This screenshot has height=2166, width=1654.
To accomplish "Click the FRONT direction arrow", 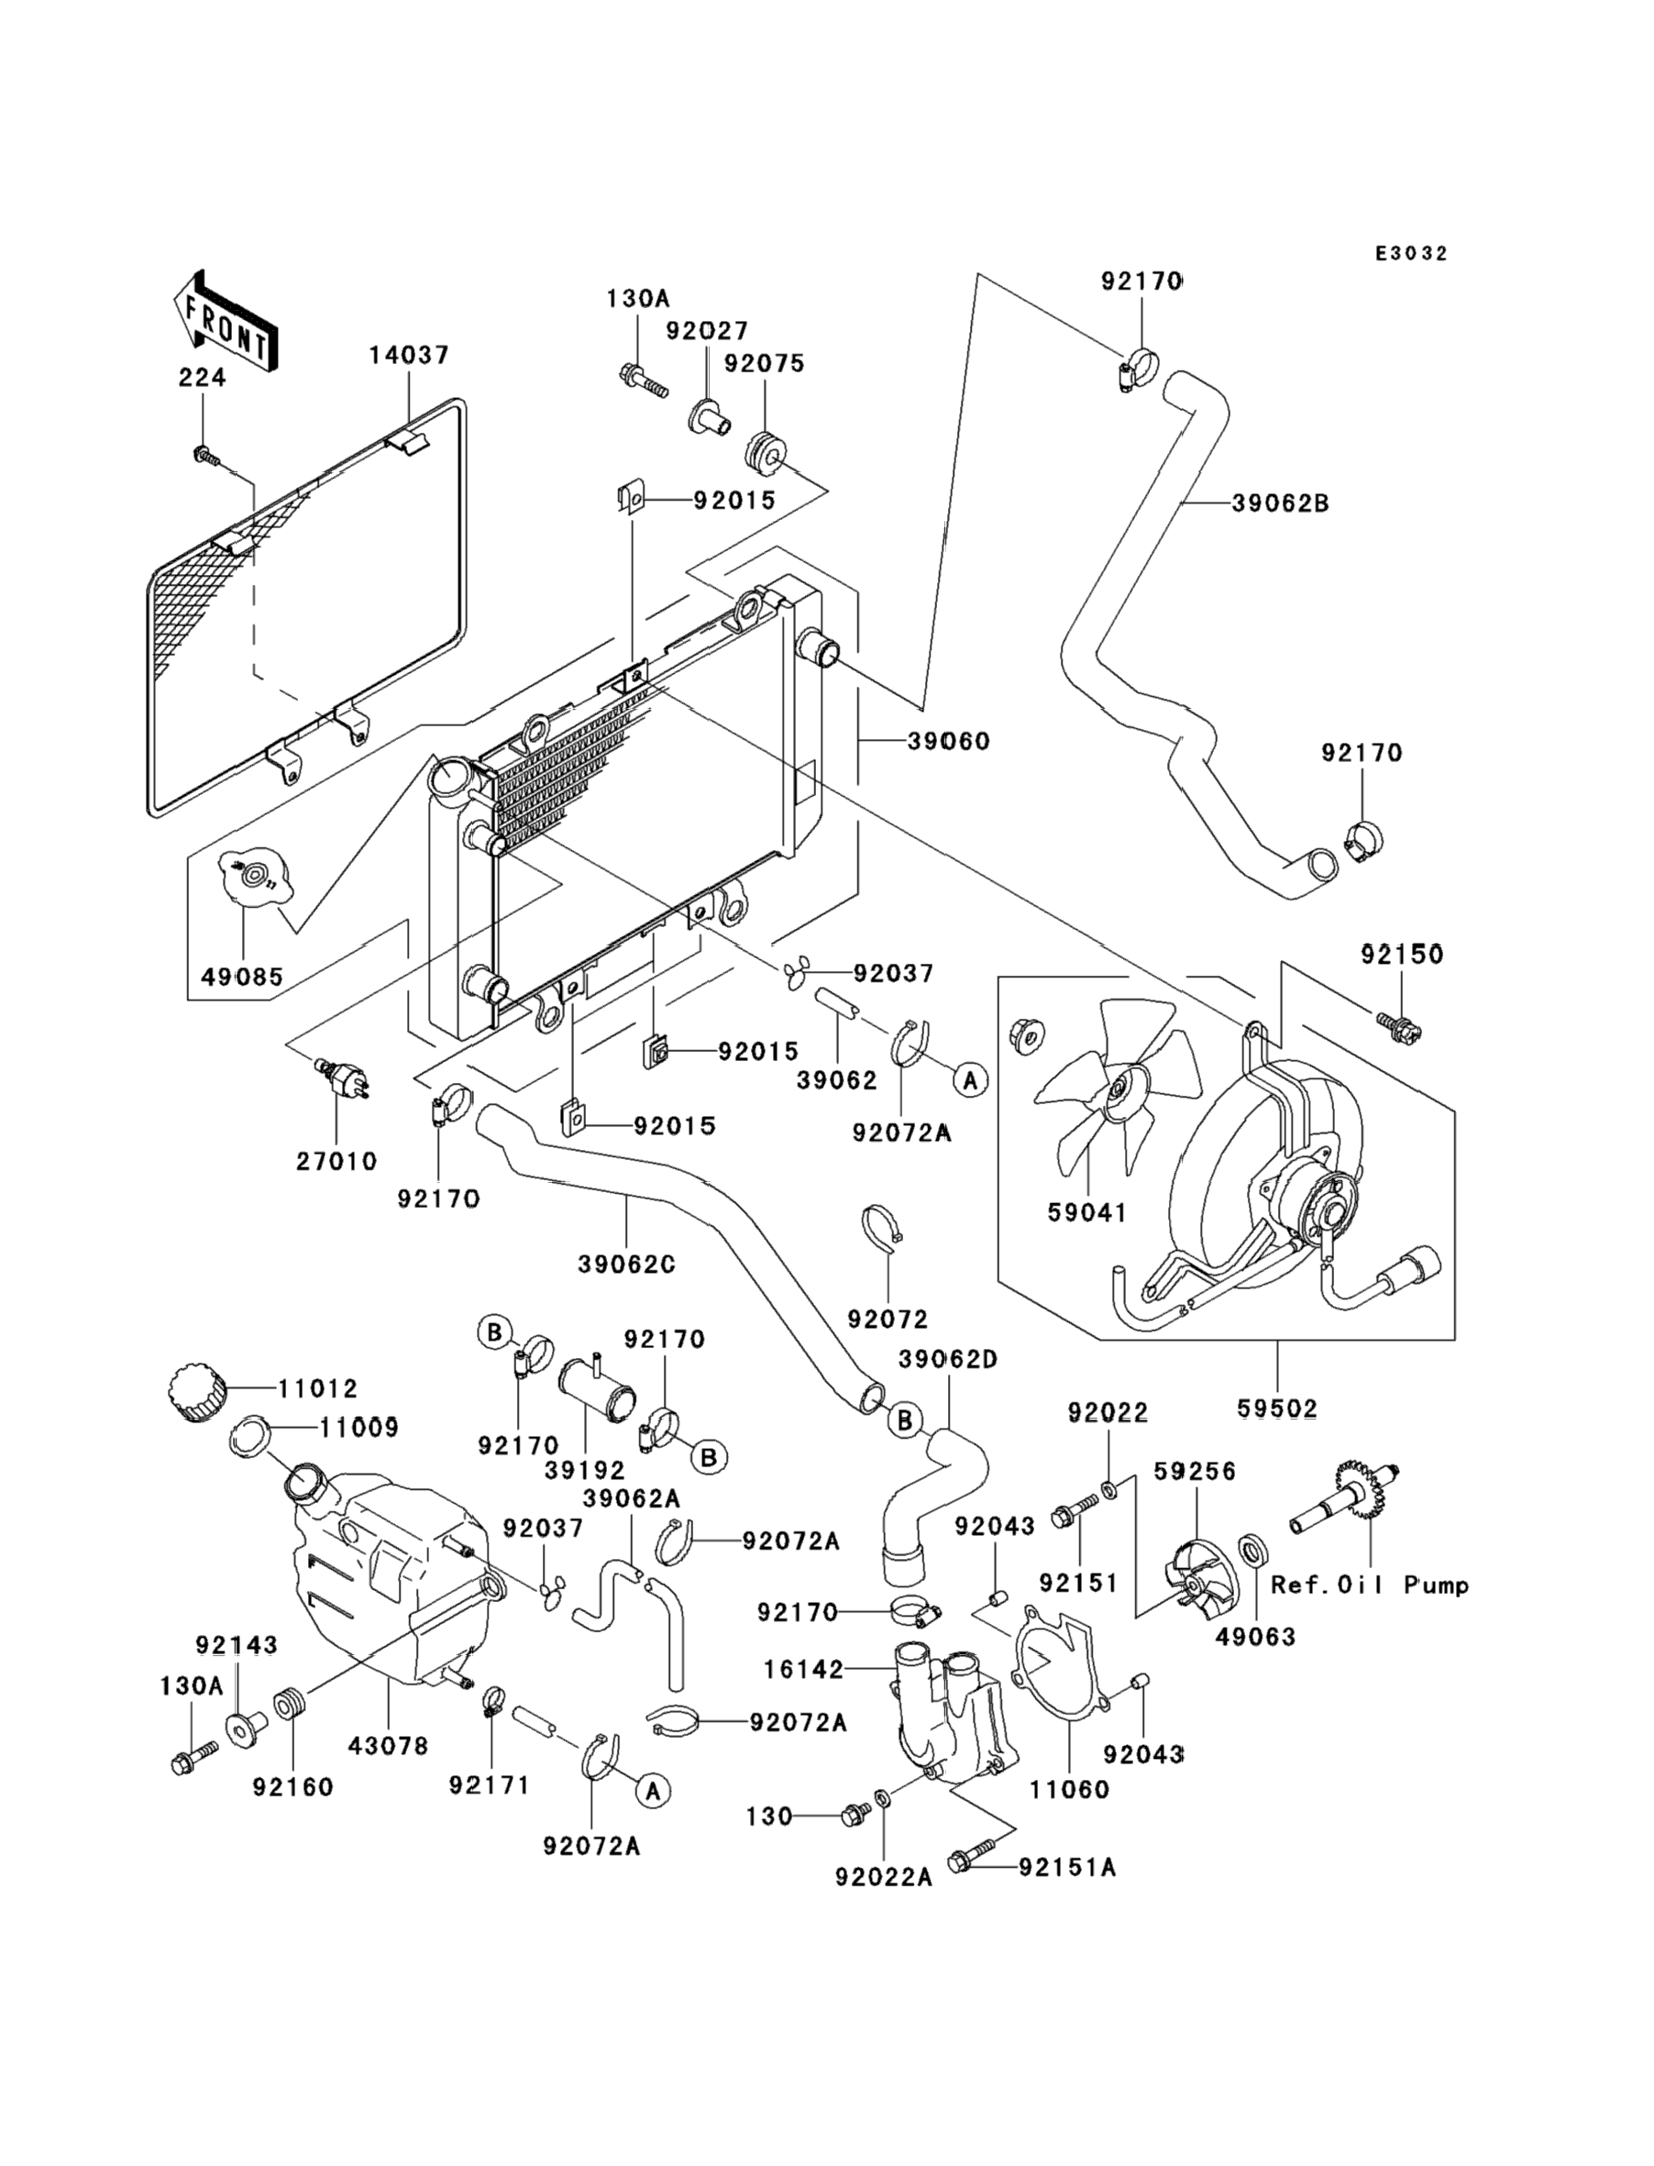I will (x=224, y=322).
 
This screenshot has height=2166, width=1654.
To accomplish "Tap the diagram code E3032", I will (x=1411, y=254).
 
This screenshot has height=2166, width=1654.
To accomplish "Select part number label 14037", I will (x=409, y=356).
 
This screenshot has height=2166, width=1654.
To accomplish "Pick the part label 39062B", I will (x=1280, y=503).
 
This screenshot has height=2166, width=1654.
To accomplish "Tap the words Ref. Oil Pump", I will (x=1370, y=1586).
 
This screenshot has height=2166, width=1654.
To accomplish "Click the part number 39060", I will (x=948, y=740).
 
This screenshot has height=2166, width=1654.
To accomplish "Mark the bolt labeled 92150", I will (x=1401, y=1029).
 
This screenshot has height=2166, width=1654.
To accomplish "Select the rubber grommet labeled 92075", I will (x=765, y=454).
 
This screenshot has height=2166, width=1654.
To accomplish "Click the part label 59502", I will (x=1277, y=1409).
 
